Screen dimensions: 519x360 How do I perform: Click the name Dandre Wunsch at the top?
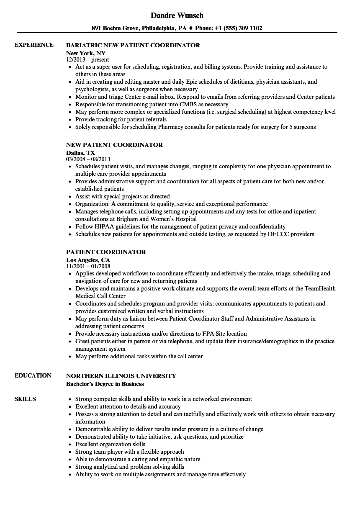point(177,15)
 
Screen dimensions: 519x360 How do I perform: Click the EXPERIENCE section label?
point(34,45)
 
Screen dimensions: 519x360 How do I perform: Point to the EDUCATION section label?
point(33,375)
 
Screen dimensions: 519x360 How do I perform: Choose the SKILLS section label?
point(25,399)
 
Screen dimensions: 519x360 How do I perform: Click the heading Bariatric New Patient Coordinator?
point(133,45)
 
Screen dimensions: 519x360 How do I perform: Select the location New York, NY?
point(86,53)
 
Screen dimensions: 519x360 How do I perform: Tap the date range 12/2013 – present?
point(87,60)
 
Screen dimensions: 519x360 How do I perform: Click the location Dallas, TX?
point(80,153)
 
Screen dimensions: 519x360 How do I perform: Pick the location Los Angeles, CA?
point(88,260)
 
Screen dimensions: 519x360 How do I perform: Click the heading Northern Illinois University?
point(121,375)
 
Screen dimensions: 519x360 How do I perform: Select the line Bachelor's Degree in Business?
point(105,384)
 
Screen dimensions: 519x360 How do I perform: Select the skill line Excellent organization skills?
point(110,444)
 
